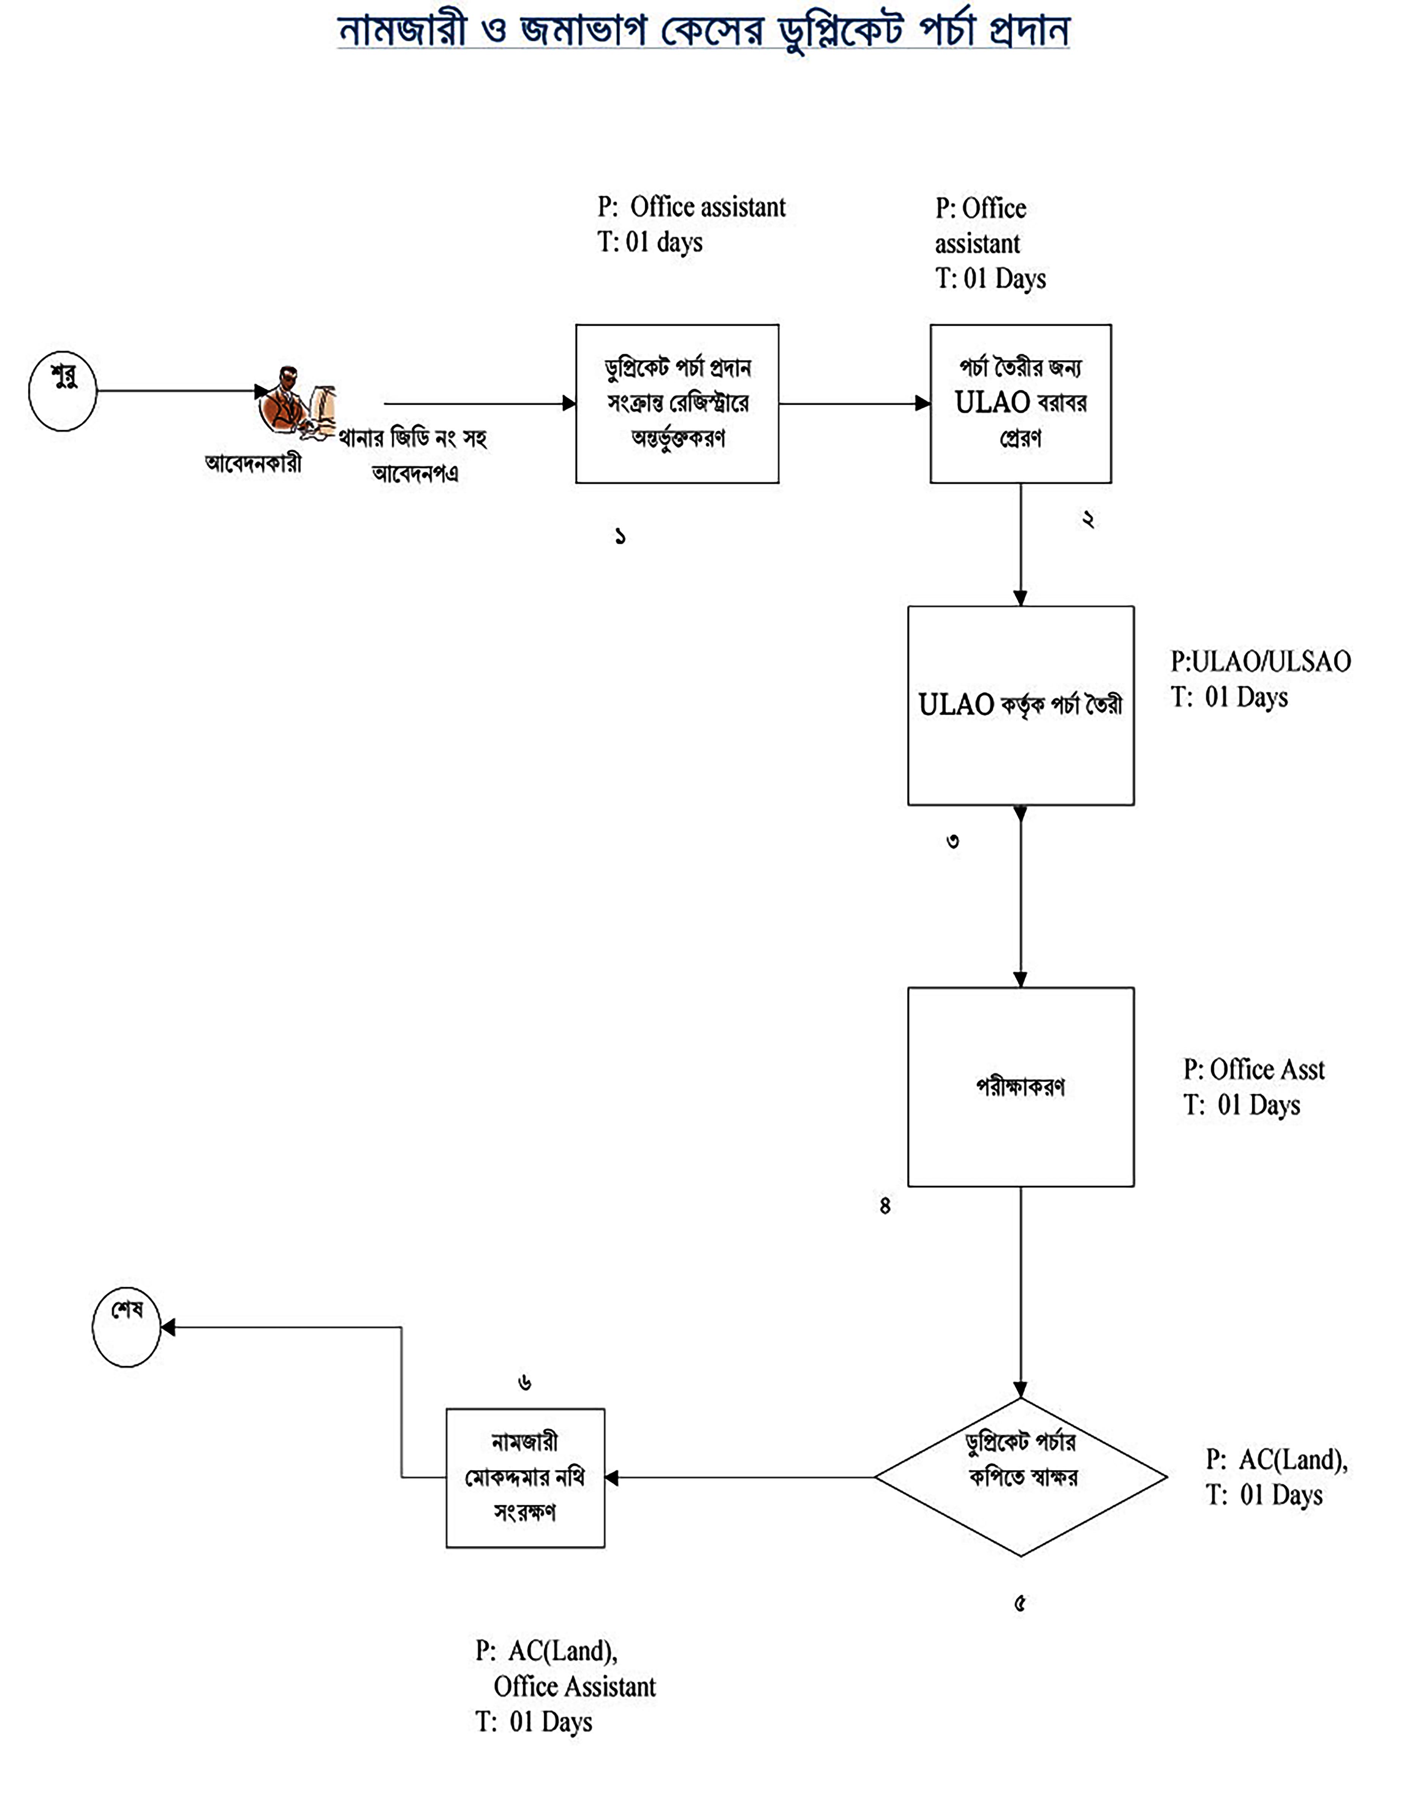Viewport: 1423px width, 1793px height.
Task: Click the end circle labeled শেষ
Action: tap(126, 1327)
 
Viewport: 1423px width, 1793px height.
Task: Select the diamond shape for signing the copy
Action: tap(1020, 1477)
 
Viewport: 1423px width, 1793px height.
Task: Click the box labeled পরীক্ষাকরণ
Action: tap(1020, 1086)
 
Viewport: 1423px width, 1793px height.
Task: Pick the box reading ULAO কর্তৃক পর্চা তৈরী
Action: tap(1020, 705)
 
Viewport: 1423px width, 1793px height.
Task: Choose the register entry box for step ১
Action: tap(677, 403)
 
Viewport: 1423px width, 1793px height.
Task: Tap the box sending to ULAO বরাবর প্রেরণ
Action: tap(1020, 403)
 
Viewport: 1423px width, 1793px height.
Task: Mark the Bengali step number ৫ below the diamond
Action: tap(1020, 1603)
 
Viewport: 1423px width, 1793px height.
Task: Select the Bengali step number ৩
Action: tap(953, 842)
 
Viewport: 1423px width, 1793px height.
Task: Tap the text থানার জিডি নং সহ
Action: tap(412, 438)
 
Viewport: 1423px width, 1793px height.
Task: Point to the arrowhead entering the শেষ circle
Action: tap(167, 1327)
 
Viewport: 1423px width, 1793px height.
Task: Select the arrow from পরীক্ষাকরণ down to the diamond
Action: tap(1020, 1289)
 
